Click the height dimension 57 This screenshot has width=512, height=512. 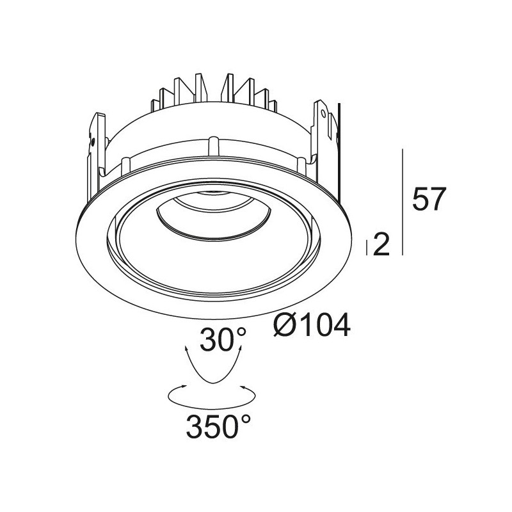point(429,198)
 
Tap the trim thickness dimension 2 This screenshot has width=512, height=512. point(381,244)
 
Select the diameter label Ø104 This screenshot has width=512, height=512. point(312,324)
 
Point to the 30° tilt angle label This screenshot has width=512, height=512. point(223,339)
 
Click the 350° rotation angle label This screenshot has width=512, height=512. point(218,426)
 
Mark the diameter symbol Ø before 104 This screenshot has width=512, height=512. point(285,325)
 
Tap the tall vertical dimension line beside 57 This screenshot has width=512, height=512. point(403,202)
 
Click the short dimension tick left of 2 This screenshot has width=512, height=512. point(367,248)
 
